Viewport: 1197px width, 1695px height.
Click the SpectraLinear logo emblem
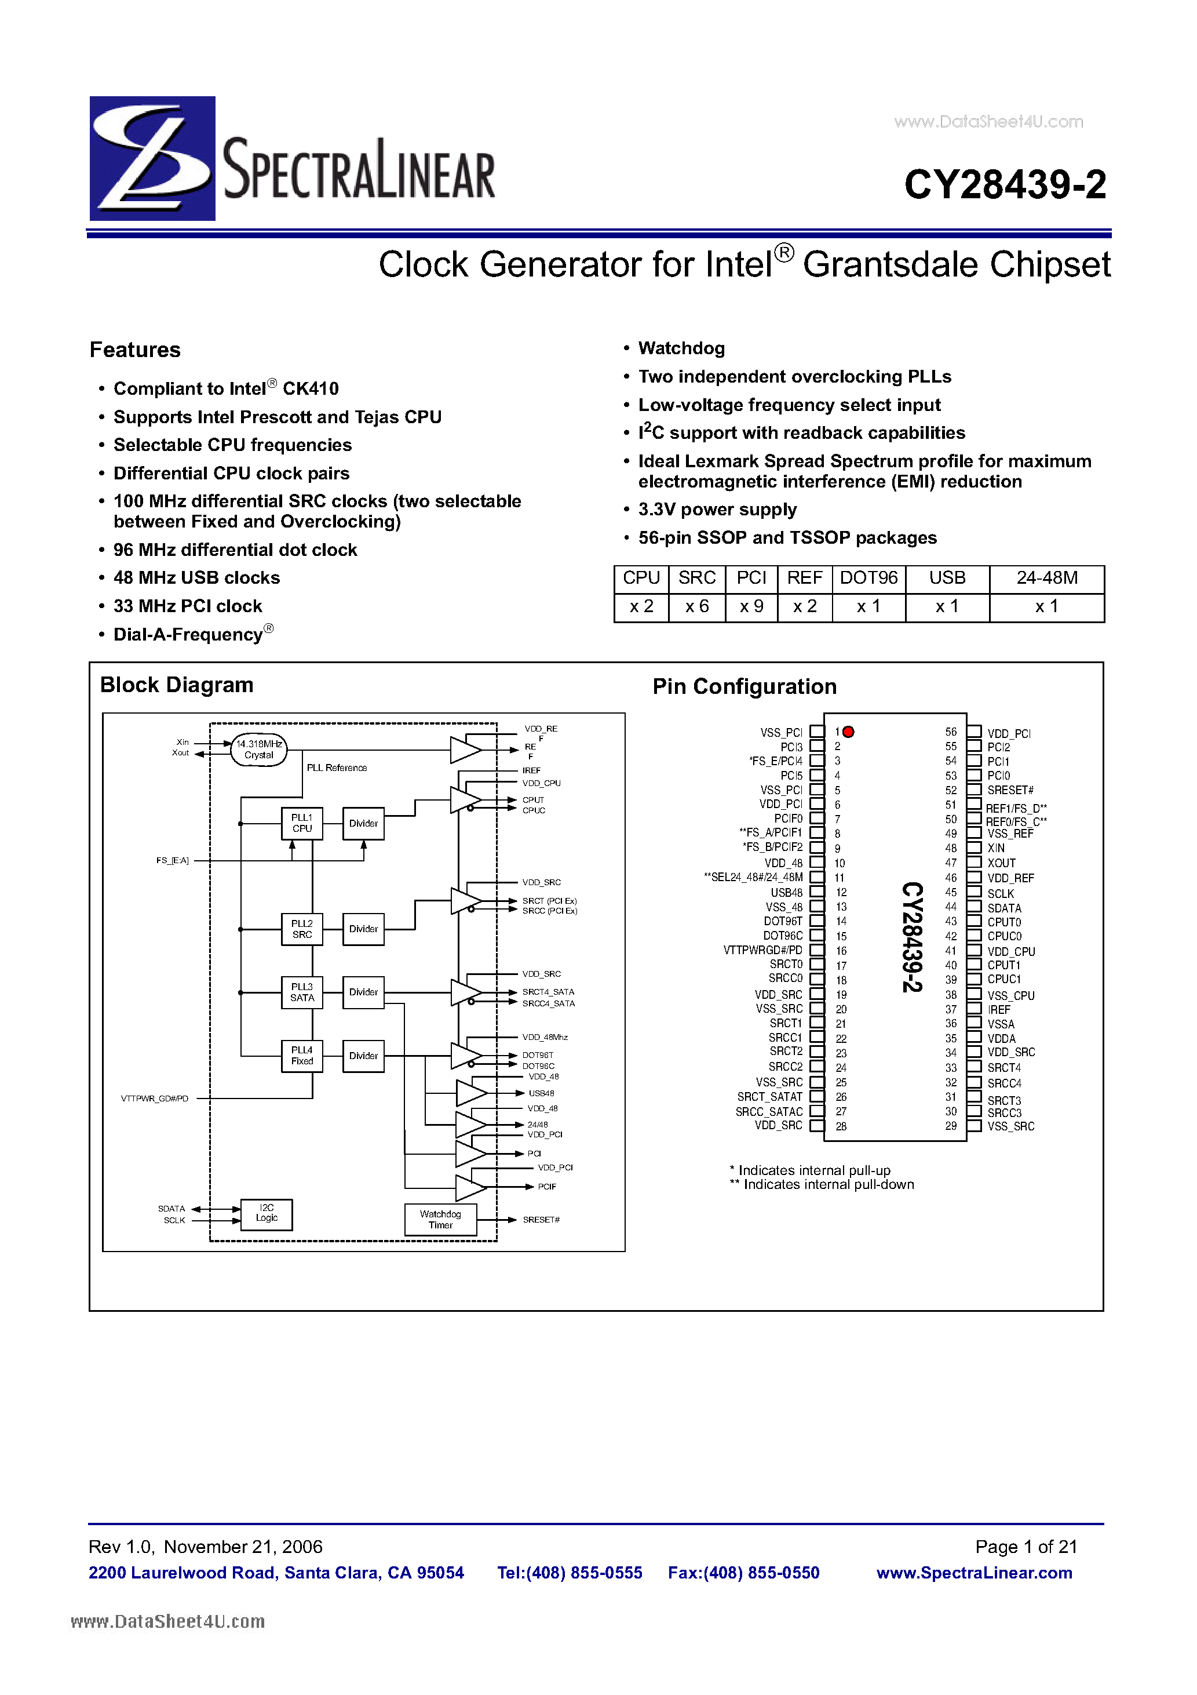click(x=152, y=158)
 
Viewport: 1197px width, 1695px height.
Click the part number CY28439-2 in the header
click(x=1005, y=184)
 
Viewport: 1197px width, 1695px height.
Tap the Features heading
click(x=135, y=350)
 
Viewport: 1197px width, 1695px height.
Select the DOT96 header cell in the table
click(x=868, y=578)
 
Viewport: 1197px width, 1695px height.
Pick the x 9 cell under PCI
click(x=751, y=607)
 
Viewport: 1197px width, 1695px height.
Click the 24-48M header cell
click(x=1046, y=578)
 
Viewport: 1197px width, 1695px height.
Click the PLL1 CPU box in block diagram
click(x=302, y=823)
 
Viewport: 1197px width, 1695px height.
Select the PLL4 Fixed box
click(x=302, y=1056)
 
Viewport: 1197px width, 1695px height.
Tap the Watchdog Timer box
click(x=440, y=1219)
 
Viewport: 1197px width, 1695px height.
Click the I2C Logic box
click(x=267, y=1214)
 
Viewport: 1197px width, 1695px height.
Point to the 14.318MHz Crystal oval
click(x=259, y=750)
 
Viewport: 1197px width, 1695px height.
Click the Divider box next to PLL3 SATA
click(x=363, y=992)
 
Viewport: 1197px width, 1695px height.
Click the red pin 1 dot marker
click(x=849, y=732)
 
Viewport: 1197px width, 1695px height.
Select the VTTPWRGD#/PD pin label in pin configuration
click(x=762, y=950)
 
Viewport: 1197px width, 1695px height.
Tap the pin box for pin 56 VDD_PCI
click(x=974, y=732)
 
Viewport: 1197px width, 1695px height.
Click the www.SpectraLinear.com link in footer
click(x=974, y=1573)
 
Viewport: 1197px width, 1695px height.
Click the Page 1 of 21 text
click(x=1026, y=1547)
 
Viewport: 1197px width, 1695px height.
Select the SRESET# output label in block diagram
click(x=541, y=1220)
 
